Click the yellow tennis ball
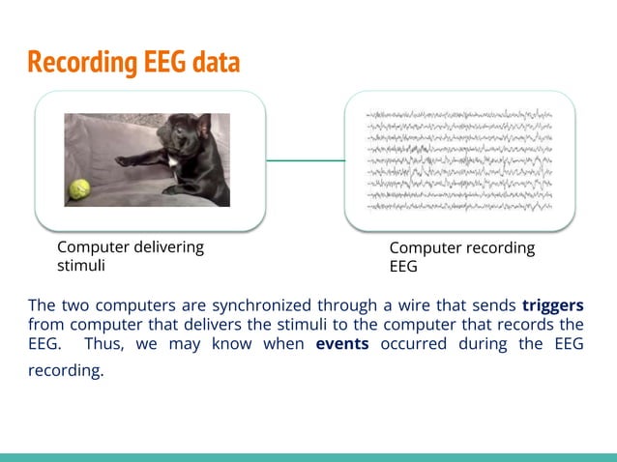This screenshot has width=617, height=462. click(78, 188)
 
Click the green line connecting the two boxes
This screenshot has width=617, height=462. click(305, 160)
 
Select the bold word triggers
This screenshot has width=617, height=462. click(552, 305)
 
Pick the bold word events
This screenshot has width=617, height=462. click(342, 344)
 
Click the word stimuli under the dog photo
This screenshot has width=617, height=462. click(82, 265)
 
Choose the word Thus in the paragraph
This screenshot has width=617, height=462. click(102, 344)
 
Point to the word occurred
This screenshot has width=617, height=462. click(412, 344)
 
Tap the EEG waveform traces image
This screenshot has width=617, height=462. click(459, 160)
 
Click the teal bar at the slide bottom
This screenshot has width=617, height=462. click(308, 456)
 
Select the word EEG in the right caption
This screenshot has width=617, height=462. click(403, 267)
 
